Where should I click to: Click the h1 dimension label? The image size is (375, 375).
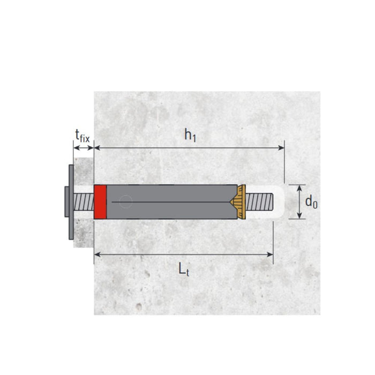tap(190, 136)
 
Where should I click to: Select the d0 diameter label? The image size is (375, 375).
tap(311, 202)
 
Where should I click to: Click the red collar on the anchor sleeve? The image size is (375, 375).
tap(100, 201)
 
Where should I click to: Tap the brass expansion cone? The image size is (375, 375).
tap(238, 201)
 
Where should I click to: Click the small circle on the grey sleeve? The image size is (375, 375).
tap(125, 202)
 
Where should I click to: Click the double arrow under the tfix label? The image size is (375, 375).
tap(84, 146)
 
